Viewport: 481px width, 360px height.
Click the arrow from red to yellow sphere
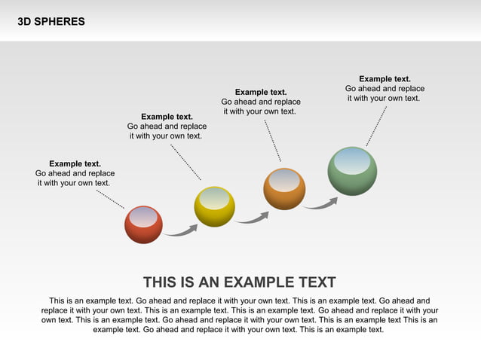pos(181,230)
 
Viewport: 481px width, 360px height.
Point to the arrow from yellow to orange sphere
pos(252,218)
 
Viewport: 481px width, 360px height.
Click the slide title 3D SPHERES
pos(51,22)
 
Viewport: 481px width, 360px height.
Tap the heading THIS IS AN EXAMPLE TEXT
pos(239,282)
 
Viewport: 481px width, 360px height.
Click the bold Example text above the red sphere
pos(75,163)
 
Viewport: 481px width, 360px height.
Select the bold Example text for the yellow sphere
pos(167,117)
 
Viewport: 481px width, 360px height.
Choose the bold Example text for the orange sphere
pos(261,92)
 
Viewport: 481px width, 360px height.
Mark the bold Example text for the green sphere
pos(384,78)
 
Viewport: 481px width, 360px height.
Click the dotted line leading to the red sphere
pos(110,198)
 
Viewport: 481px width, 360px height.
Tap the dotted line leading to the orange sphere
pos(272,140)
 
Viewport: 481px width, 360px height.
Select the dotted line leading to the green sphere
pos(376,126)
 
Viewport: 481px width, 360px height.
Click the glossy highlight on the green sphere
pos(352,162)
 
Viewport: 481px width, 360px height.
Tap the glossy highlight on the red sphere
pos(143,217)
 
